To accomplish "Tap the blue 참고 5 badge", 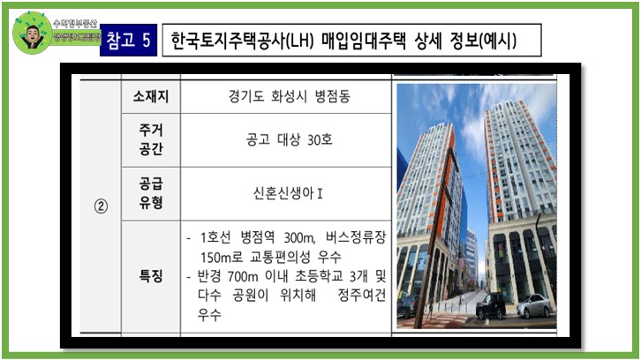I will [129, 41].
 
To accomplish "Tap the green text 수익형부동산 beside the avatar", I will [75, 22].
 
